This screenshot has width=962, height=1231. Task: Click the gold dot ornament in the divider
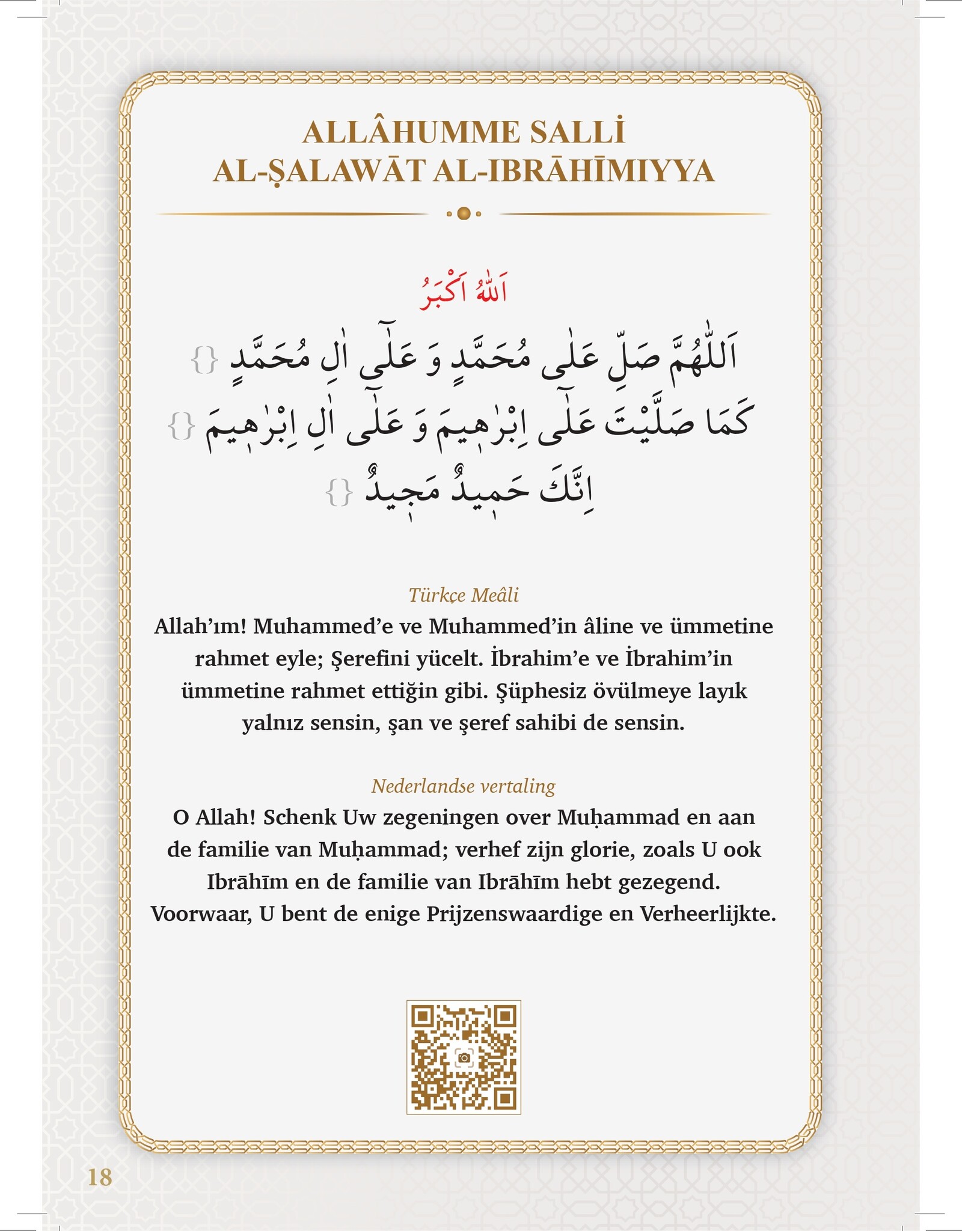pos(464,213)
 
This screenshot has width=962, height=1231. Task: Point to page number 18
pos(100,1177)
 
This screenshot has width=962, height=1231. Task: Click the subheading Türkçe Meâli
pos(464,595)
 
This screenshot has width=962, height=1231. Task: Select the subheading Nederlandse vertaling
pos(464,786)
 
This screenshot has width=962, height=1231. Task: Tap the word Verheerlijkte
pos(708,914)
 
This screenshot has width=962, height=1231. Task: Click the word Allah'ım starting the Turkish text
pos(200,626)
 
